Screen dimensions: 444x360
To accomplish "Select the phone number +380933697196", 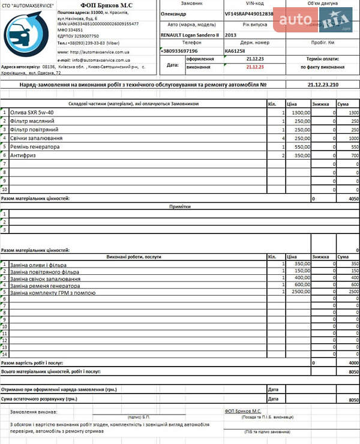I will (x=179, y=51).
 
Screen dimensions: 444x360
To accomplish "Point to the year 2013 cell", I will (x=231, y=35).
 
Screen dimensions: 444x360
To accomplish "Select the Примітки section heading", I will (x=180, y=206).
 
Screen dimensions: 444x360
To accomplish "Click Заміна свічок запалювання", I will (x=45, y=278).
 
